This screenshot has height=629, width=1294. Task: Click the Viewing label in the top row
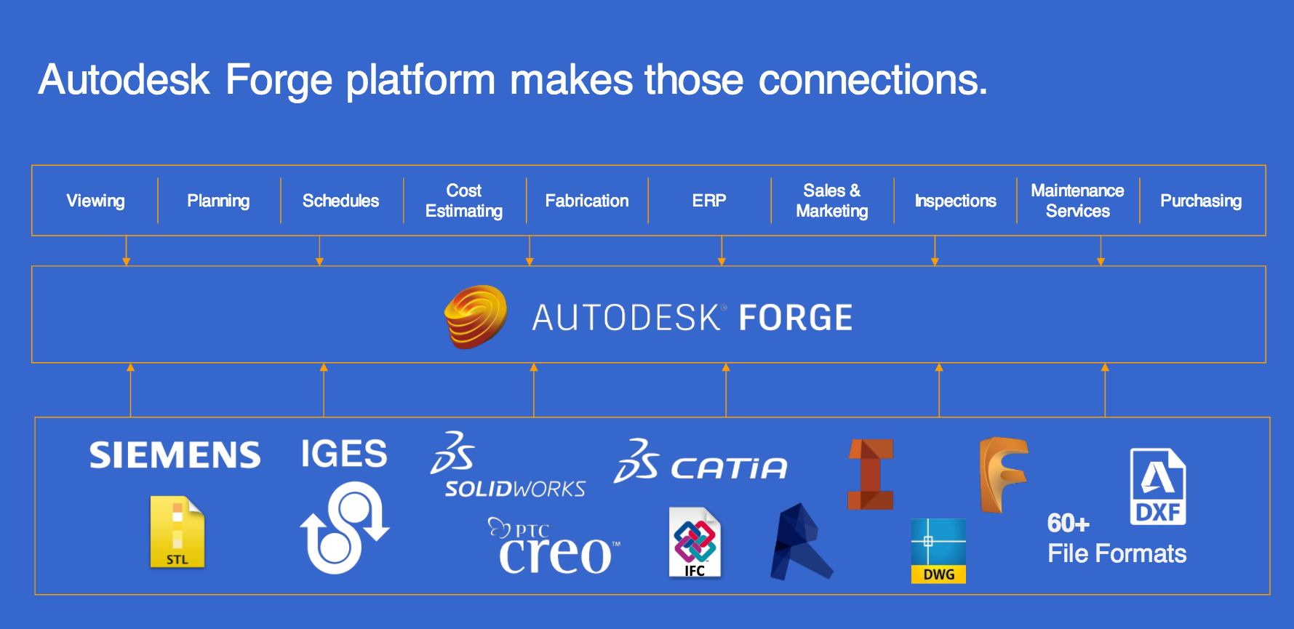tap(95, 201)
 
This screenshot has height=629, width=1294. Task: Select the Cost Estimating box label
tap(464, 201)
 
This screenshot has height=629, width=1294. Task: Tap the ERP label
tap(709, 201)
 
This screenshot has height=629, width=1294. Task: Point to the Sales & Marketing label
tap(832, 201)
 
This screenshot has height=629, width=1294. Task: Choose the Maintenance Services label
tap(1077, 201)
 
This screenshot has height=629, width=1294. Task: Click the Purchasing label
tap(1201, 201)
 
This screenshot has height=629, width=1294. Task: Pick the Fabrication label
tap(587, 201)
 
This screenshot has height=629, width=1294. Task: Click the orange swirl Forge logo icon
tap(476, 316)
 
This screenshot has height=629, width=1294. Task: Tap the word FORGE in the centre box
tap(796, 318)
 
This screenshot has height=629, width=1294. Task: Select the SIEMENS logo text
tap(175, 455)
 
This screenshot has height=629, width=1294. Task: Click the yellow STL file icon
tap(177, 532)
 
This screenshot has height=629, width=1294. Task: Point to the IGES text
tap(344, 454)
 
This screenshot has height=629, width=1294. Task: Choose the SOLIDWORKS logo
tap(509, 466)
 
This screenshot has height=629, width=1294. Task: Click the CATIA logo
tap(701, 462)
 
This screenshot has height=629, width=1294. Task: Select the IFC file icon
tap(695, 542)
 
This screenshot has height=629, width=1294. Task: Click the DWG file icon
tap(938, 550)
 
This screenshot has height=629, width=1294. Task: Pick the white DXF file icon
tap(1157, 486)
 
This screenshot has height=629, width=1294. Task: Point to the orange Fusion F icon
tap(1003, 474)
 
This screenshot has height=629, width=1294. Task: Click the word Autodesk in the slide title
tap(124, 79)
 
